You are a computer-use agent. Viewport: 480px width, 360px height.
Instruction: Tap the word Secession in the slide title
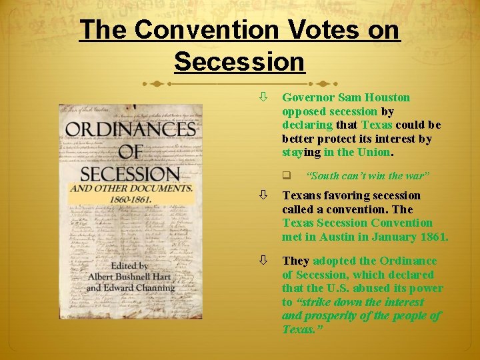pyautogui.click(x=239, y=61)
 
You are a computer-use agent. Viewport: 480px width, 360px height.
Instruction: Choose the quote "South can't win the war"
pyautogui.click(x=368, y=176)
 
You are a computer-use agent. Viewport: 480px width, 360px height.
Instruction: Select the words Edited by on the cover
pyautogui.click(x=130, y=265)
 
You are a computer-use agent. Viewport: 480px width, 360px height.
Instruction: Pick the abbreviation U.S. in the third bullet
pyautogui.click(x=339, y=288)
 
